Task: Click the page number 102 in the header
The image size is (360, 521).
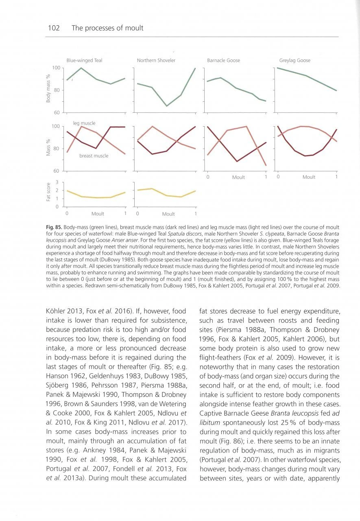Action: (54, 28)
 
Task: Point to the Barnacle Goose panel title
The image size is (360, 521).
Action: (223, 61)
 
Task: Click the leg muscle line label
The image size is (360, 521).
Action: (84, 123)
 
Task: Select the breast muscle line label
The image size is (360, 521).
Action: (94, 156)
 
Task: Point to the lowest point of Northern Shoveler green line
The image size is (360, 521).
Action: (166, 106)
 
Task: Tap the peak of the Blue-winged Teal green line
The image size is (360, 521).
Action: (81, 68)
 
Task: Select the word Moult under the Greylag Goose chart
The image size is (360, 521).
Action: (308, 177)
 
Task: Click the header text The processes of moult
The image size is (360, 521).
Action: (107, 28)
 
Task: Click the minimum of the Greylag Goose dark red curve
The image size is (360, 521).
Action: (305, 156)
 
